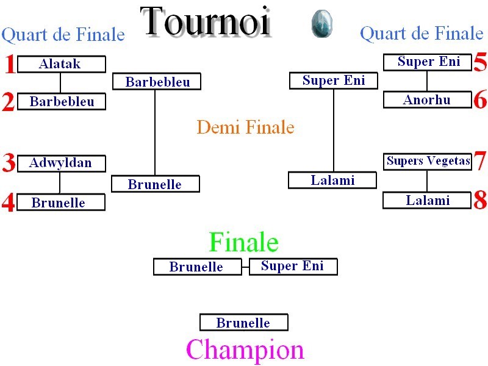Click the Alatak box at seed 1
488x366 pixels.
tap(62, 64)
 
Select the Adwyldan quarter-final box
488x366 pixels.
tap(62, 163)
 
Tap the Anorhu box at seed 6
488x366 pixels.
tap(428, 99)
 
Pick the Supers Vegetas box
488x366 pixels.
tap(428, 162)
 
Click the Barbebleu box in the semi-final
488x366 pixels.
tap(157, 82)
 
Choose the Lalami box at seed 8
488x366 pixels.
tap(426, 201)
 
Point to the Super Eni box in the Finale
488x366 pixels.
tap(293, 267)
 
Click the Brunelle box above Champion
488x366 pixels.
tap(243, 322)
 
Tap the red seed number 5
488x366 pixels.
tap(480, 62)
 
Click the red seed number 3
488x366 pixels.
tap(9, 162)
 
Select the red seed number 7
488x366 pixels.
tap(480, 161)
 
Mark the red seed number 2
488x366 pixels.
tap(9, 102)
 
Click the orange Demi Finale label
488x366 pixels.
tap(246, 127)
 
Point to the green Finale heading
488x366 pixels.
tap(243, 242)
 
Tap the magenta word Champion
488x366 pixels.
tap(245, 350)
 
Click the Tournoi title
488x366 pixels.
tap(206, 22)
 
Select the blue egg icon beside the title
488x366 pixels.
tap(322, 23)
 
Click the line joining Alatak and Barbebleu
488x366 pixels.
tap(60, 83)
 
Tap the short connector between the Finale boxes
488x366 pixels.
tap(246, 267)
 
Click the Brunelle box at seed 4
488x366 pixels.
tap(61, 203)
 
